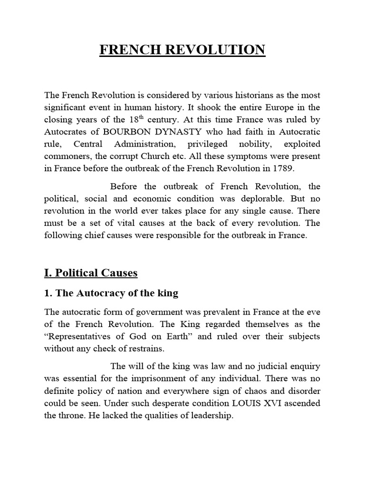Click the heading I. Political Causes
[90, 272]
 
